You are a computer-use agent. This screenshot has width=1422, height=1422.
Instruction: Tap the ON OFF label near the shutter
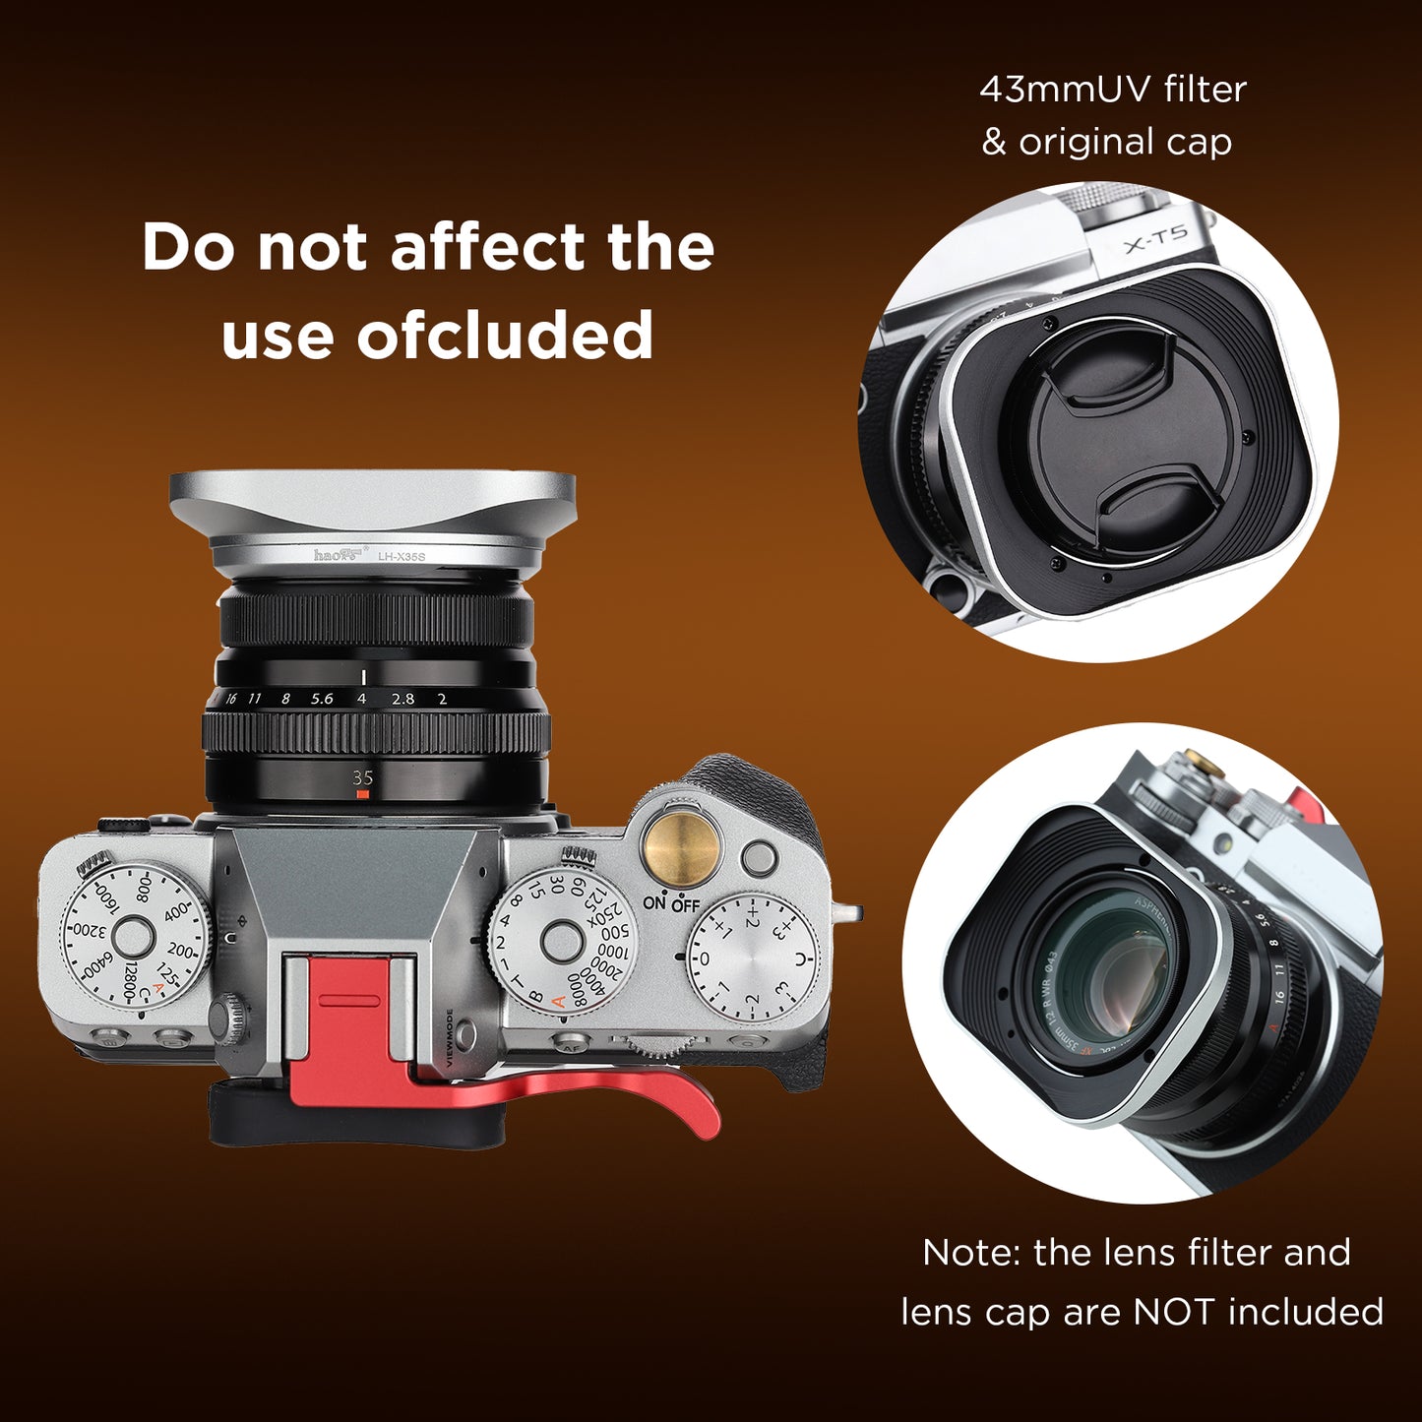671,903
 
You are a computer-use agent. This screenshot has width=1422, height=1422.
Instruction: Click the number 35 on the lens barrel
362,777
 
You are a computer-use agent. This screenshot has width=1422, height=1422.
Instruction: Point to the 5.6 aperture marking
322,699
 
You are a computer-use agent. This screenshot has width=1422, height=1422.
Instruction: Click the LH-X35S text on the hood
402,557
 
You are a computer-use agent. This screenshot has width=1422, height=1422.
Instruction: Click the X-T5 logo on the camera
1155,238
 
